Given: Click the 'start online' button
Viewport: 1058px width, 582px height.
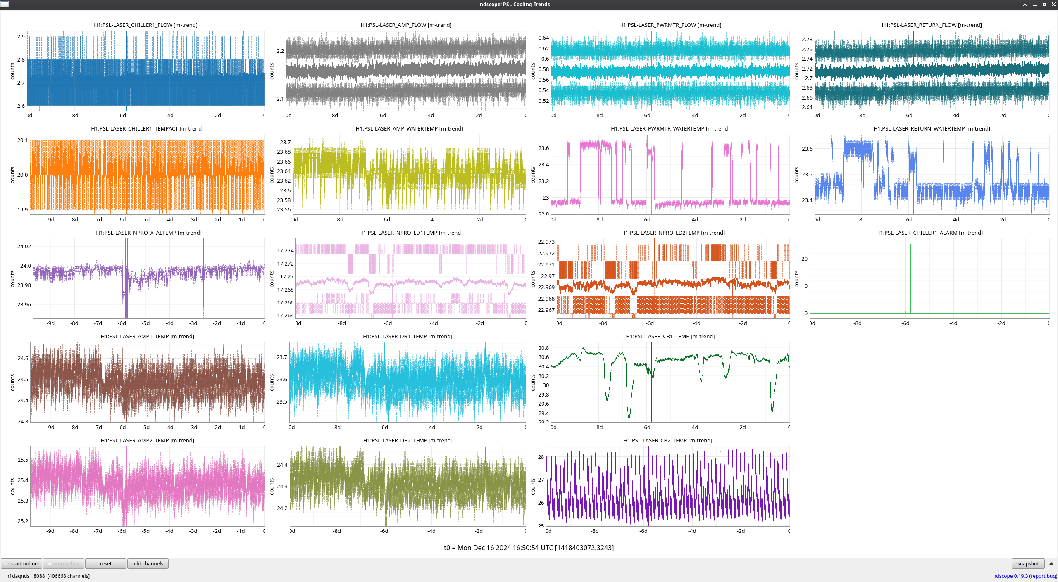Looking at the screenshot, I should (21, 563).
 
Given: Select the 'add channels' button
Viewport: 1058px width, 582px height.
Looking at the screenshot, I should (148, 563).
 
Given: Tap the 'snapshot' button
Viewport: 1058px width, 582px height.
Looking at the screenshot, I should (1028, 563).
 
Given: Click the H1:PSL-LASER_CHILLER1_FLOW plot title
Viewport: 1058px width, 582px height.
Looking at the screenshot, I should (145, 25).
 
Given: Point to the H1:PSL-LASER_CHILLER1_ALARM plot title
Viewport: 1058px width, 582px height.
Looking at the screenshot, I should (929, 233).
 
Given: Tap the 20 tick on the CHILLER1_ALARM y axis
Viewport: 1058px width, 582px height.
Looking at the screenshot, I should (804, 259).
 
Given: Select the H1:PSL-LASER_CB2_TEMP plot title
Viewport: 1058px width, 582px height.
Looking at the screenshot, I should (667, 440).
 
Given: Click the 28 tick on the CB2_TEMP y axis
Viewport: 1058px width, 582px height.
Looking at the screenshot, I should (541, 457).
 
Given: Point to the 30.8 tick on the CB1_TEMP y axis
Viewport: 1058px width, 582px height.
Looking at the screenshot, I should (543, 348).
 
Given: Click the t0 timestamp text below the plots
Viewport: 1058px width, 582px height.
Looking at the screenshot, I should (529, 548).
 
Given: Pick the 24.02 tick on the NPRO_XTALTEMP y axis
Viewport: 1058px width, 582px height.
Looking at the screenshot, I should (24, 246).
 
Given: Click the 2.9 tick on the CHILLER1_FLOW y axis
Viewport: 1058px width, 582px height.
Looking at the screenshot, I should (21, 36).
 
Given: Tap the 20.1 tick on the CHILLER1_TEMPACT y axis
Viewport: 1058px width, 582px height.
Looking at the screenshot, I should (22, 140).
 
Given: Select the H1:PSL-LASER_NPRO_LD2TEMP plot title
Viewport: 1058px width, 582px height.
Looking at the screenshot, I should (673, 233).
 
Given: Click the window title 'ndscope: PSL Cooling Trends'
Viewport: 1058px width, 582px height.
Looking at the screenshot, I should (515, 4).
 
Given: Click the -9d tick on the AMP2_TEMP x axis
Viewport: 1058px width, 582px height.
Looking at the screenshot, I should (50, 531).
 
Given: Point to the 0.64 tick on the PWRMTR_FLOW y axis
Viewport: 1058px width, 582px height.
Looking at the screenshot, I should (543, 38).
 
